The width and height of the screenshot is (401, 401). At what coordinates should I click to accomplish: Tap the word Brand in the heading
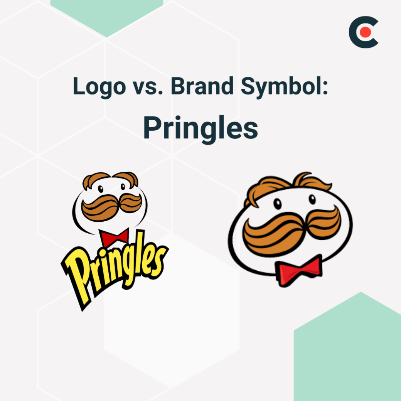202,86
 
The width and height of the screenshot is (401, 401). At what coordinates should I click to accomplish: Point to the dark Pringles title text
200,128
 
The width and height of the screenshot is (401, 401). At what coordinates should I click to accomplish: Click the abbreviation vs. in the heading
147,87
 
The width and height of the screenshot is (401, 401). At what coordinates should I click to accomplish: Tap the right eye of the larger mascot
312,199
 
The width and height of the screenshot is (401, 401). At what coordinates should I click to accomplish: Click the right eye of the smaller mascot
123,187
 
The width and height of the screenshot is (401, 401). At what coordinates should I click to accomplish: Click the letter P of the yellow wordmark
79,278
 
